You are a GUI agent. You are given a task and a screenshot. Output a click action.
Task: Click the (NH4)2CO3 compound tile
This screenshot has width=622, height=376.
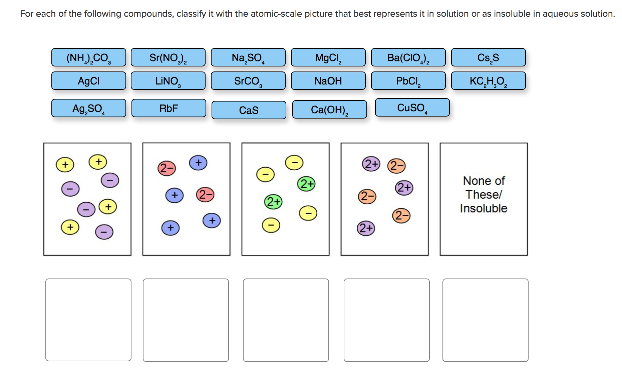click(89, 57)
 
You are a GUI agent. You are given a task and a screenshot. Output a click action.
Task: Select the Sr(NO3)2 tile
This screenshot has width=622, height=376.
click(168, 57)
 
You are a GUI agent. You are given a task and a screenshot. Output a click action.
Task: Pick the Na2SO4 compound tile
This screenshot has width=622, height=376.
click(248, 57)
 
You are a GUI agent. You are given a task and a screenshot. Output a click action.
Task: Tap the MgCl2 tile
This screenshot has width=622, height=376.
click(328, 57)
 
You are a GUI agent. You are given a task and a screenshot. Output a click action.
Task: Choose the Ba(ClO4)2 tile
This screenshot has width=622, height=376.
click(408, 57)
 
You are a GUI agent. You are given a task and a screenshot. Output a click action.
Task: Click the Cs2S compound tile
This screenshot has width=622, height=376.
click(489, 57)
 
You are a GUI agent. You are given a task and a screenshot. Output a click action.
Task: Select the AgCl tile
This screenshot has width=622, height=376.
click(89, 81)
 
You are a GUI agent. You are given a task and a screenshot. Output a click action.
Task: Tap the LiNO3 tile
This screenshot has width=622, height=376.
click(168, 81)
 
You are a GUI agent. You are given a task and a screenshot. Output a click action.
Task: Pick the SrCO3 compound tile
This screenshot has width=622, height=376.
click(248, 81)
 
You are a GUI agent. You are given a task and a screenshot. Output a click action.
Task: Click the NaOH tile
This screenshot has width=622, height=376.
click(328, 81)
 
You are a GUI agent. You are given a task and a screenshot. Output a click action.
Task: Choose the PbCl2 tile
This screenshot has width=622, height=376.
click(408, 81)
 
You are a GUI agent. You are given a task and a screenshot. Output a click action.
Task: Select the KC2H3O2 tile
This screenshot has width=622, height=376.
click(489, 81)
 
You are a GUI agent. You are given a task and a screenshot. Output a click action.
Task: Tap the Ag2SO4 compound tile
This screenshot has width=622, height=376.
click(89, 108)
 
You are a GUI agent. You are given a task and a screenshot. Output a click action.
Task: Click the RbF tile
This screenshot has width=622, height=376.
click(169, 108)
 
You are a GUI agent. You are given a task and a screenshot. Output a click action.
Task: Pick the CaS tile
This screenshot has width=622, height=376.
click(249, 110)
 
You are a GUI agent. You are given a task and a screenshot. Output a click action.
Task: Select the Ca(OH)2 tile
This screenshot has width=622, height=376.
click(330, 110)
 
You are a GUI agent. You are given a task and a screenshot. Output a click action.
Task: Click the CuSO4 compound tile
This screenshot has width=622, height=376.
click(412, 108)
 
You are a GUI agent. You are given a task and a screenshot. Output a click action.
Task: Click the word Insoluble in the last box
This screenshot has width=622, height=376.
click(484, 208)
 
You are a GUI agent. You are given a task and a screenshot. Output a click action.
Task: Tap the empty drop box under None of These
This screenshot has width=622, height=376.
click(485, 320)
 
